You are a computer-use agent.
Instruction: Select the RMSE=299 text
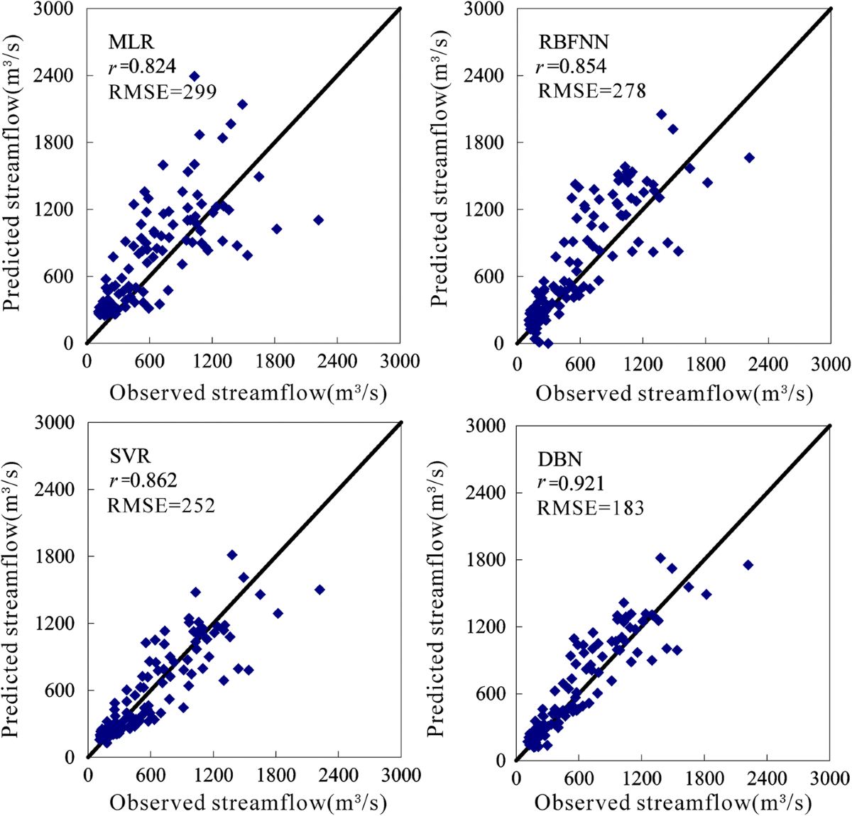162,91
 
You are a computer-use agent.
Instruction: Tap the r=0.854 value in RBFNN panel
572,67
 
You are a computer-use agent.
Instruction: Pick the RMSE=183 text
590,508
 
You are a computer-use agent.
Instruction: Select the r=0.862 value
143,481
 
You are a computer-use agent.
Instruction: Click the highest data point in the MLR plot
194,76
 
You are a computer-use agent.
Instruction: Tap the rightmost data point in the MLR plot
318,220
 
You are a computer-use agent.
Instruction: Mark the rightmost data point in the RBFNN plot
748,158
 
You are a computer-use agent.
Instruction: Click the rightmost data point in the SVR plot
319,590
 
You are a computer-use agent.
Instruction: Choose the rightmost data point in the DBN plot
748,565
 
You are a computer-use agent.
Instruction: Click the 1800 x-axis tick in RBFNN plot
705,364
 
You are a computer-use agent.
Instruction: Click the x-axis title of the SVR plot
248,803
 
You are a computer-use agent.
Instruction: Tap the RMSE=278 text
591,91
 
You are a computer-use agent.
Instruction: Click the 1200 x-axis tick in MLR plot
212,362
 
